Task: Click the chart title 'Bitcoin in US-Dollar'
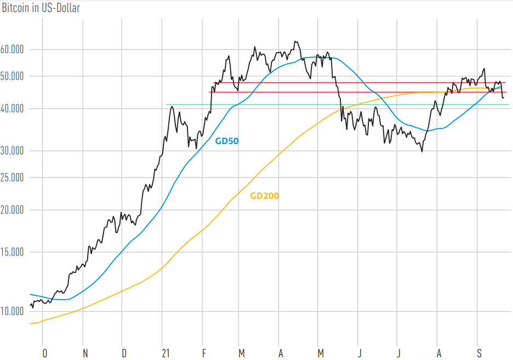41,8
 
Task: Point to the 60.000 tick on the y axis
12,49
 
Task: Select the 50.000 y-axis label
12,76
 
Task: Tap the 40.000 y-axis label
12,108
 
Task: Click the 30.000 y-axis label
12,151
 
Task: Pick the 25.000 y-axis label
12,178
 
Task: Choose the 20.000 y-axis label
12,210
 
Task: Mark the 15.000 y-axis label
12,252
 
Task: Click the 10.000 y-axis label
12,311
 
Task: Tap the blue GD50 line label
227,141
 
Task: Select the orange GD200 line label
264,196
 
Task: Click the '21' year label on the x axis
166,353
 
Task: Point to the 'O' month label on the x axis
45,353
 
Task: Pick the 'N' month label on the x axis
85,353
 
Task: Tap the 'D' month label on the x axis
124,353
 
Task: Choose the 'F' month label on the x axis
204,353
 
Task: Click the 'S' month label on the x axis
480,353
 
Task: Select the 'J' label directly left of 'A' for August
398,353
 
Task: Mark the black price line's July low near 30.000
421,152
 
